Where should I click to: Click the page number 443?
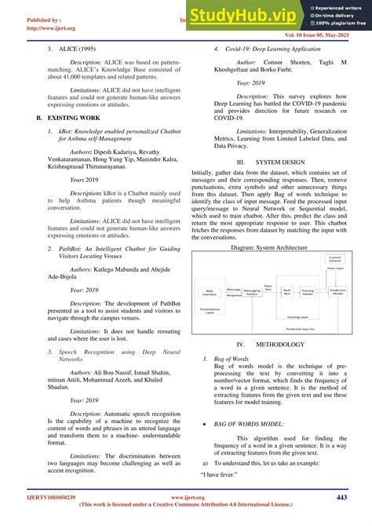(341, 497)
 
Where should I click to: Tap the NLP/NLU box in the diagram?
(287, 291)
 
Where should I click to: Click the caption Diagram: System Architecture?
(268, 247)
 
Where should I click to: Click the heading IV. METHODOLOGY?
(269, 345)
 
